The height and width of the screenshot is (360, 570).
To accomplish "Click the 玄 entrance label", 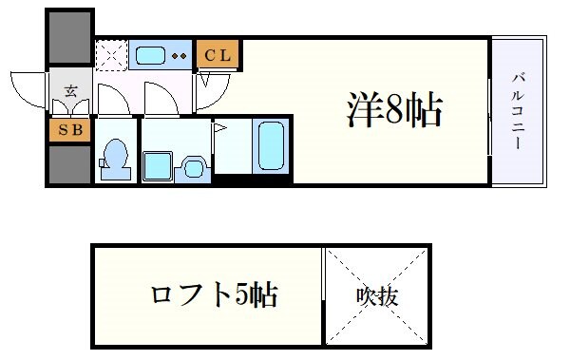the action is click(x=70, y=92).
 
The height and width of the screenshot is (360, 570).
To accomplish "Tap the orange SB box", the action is click(x=69, y=129).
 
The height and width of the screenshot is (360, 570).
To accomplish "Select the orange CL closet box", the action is click(x=217, y=55).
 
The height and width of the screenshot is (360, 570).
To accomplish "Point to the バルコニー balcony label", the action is click(x=520, y=111).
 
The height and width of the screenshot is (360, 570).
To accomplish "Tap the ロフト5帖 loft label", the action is click(x=214, y=295).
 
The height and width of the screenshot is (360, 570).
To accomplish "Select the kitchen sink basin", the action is click(x=150, y=55).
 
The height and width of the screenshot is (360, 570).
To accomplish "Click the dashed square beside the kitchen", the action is click(x=110, y=56).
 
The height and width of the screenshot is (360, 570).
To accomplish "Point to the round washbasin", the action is click(x=194, y=168).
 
